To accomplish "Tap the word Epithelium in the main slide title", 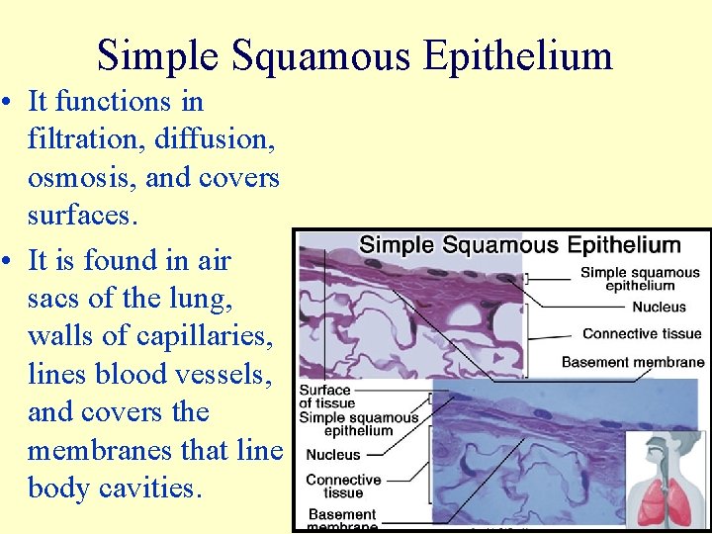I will [517, 55].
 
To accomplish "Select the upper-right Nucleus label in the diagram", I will [659, 308].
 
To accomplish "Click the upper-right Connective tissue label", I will [642, 334].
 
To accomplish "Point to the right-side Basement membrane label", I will [633, 362].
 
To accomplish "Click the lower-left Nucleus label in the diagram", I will [333, 455].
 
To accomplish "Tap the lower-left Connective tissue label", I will [343, 486].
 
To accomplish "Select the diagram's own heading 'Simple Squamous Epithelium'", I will [519, 245].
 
